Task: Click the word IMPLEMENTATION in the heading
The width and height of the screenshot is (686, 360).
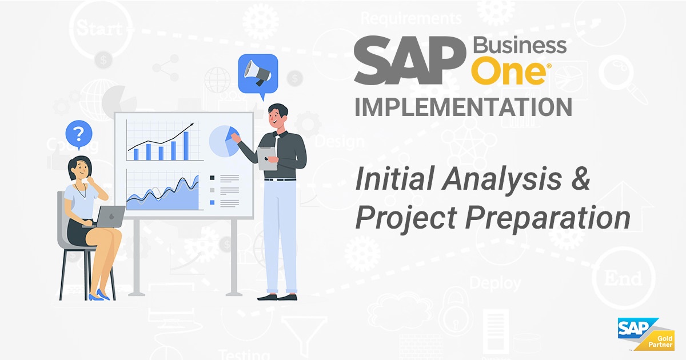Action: click(463, 107)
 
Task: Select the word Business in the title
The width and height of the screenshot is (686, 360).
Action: click(520, 46)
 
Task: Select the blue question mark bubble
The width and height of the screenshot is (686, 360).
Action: click(79, 134)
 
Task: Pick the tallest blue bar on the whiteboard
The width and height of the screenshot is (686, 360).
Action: click(186, 145)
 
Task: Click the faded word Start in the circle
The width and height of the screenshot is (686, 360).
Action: click(98, 27)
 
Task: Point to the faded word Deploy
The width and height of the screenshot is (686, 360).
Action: click(495, 282)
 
